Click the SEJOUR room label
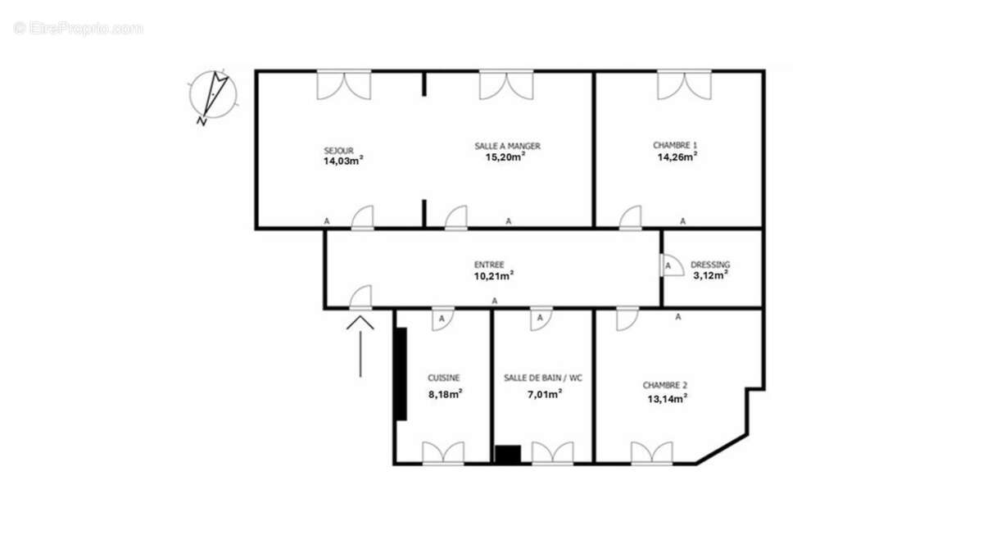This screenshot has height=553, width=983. tap(338, 151)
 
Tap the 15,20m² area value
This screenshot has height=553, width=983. tap(505, 158)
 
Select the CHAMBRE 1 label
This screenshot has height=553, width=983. tap(675, 145)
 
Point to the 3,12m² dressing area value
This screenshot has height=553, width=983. tap(710, 276)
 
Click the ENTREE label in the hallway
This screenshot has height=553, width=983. tap(489, 265)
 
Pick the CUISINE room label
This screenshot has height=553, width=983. tap(444, 378)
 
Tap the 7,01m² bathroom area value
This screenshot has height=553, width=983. tap(543, 394)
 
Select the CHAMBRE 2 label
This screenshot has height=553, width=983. tap(664, 385)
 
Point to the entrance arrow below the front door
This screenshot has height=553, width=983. tap(360, 344)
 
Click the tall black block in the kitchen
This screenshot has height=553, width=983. tap(401, 374)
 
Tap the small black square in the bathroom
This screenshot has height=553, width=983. tap(508, 455)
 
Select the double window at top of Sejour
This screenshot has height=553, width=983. tap(344, 84)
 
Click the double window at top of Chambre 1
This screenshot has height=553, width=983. tap(684, 84)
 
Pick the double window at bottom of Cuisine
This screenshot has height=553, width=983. tap(443, 453)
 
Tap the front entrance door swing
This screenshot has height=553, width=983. tap(361, 297)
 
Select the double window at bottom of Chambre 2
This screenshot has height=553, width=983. tap(652, 453)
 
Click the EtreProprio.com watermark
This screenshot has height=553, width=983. tap(79, 28)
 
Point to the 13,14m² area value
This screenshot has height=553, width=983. tap(664, 399)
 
